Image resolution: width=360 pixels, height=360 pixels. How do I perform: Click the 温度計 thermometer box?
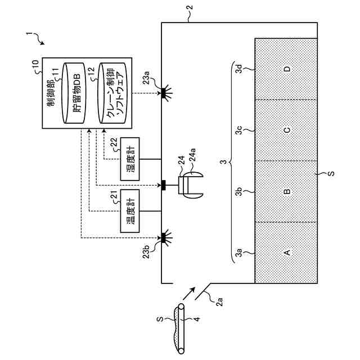pos(130,211)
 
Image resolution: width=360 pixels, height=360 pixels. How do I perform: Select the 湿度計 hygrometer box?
pos(130,159)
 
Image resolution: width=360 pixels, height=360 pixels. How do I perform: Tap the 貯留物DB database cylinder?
pos(74,93)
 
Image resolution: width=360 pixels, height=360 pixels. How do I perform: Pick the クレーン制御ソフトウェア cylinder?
pos(112,93)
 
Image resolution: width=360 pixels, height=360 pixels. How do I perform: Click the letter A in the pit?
pos(287,253)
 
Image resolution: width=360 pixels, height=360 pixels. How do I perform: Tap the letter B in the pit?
pos(287,191)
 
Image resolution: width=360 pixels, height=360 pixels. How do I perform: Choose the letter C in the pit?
pos(287,130)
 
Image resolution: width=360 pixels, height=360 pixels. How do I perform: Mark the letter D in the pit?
pos(287,69)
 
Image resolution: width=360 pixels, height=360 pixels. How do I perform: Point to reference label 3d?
pos(238,69)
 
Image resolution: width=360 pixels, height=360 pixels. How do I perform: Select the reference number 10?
pos(35,65)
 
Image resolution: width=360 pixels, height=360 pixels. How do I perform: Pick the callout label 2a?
pos(219,301)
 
